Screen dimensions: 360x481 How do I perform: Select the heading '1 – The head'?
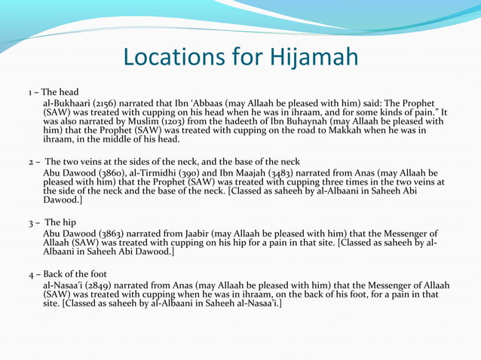tap(54, 92)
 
